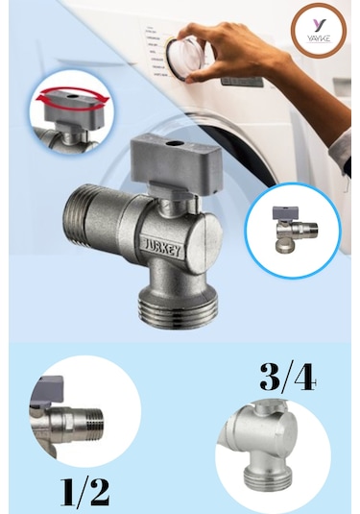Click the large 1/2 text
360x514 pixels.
(85, 490)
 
